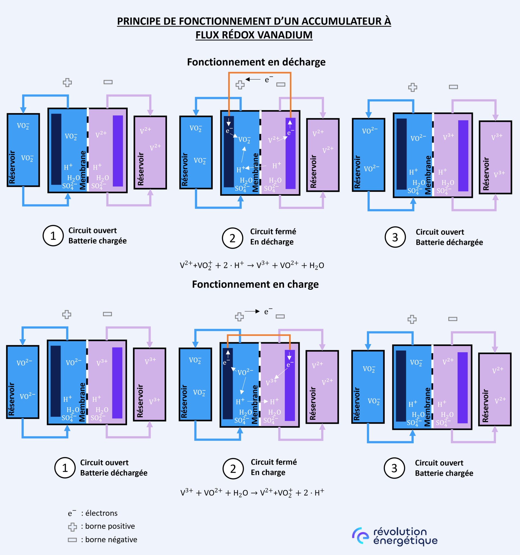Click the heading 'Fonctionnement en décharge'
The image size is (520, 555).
pos(256,62)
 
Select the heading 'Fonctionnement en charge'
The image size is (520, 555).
pos(255,284)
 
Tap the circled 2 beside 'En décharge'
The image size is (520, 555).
pos(232,238)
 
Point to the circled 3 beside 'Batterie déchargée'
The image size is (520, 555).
pos(395,237)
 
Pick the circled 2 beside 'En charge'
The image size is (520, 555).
pos(233,469)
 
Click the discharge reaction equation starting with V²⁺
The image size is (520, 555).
pos(252,265)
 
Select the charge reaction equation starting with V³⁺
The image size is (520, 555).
pos(252,492)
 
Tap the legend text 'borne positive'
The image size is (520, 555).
pos(110,526)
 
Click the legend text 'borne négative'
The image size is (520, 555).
pos(111,540)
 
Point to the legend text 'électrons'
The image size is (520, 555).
pos(101,513)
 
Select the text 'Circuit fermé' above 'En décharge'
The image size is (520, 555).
pos(273,231)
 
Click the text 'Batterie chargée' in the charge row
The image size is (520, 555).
pos(444,473)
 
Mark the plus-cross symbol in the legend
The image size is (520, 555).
pos(73,527)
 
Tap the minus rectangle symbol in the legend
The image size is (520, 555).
pos(72,540)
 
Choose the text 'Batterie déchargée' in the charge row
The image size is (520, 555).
pos(114,473)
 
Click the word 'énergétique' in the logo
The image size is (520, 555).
pos(405,541)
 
